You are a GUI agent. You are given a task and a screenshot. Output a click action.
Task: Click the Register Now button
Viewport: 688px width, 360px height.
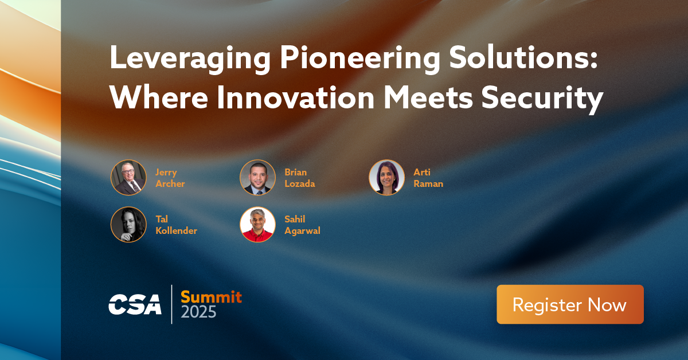pyautogui.click(x=570, y=304)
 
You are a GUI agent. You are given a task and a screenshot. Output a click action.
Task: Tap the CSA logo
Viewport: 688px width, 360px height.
pyautogui.click(x=135, y=304)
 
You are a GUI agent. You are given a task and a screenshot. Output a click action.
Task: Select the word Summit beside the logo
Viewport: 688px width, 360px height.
pyautogui.click(x=211, y=296)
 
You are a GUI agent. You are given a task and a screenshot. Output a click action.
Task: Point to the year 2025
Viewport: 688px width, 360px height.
pyautogui.click(x=199, y=312)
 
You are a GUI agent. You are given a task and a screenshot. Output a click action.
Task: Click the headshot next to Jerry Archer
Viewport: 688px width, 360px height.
pyautogui.click(x=128, y=178)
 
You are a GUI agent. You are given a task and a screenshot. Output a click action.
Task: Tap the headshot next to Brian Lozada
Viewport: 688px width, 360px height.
pyautogui.click(x=257, y=178)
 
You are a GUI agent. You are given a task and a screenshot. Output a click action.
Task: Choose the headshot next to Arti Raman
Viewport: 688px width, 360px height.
pyautogui.click(x=386, y=178)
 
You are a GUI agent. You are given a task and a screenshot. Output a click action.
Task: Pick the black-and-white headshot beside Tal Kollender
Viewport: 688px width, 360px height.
pyautogui.click(x=128, y=224)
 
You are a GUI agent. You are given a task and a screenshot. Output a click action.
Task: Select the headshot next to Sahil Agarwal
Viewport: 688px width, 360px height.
pyautogui.click(x=257, y=224)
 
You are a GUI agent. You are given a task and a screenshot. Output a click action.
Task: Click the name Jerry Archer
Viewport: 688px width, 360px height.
pyautogui.click(x=170, y=178)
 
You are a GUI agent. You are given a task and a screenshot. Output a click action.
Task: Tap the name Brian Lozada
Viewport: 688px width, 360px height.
pyautogui.click(x=299, y=178)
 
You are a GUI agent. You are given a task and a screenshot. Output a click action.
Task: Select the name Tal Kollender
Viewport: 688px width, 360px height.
pyautogui.click(x=176, y=225)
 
